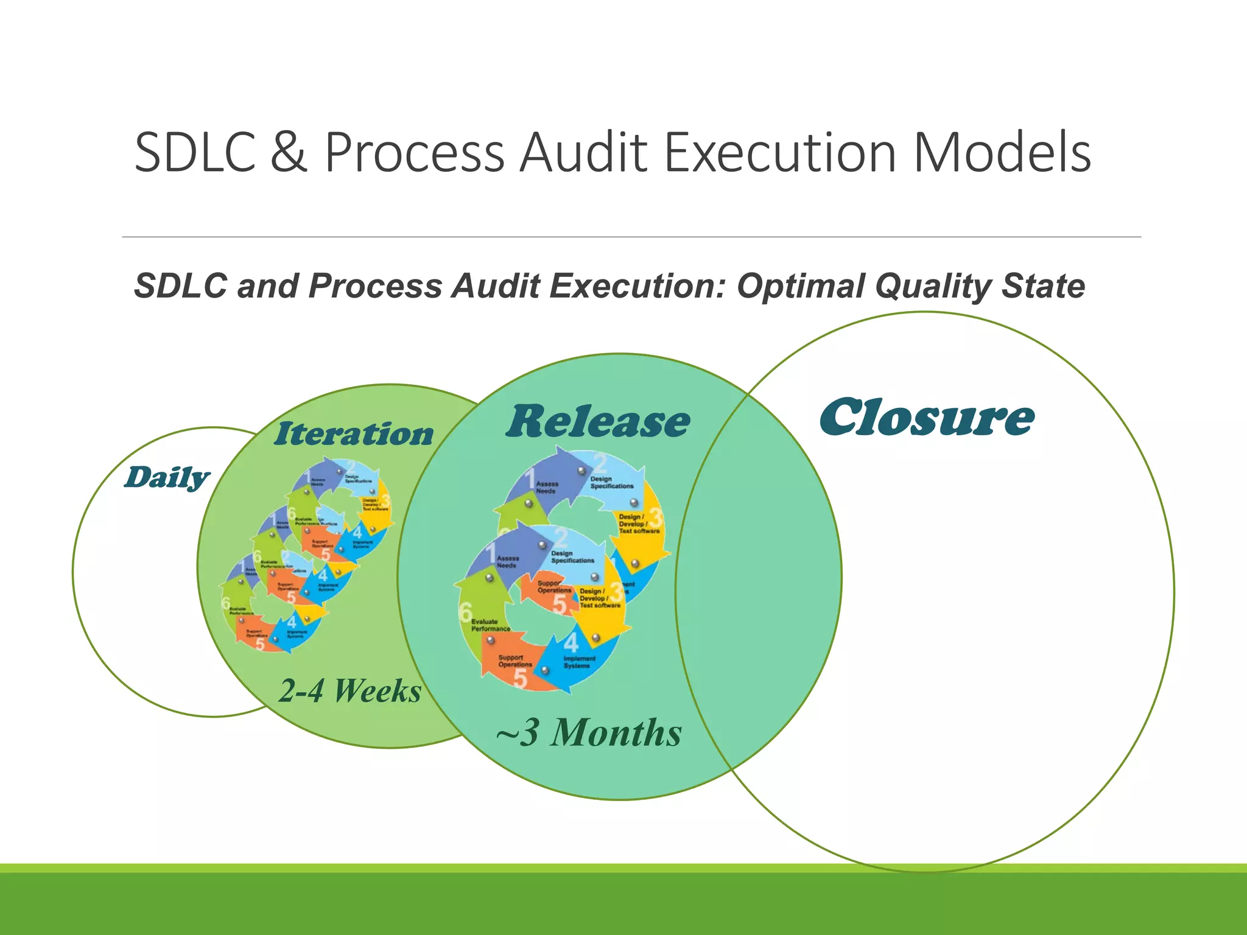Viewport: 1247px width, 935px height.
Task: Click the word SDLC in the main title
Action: pos(194,152)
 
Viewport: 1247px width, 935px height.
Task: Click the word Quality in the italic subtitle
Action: pos(933,286)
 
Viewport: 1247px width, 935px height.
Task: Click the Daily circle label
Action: pos(167,477)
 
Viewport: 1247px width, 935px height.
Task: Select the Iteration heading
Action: pos(354,434)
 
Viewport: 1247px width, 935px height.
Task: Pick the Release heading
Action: pos(598,421)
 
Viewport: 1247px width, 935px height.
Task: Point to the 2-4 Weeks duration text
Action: pos(350,692)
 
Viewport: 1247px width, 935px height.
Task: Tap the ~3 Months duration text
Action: pos(589,732)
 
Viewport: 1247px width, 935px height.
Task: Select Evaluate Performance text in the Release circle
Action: pos(490,625)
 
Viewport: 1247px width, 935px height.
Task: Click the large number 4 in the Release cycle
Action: pos(571,643)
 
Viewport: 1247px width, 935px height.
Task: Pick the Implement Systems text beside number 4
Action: pos(579,662)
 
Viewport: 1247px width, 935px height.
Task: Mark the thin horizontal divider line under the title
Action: pos(631,237)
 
